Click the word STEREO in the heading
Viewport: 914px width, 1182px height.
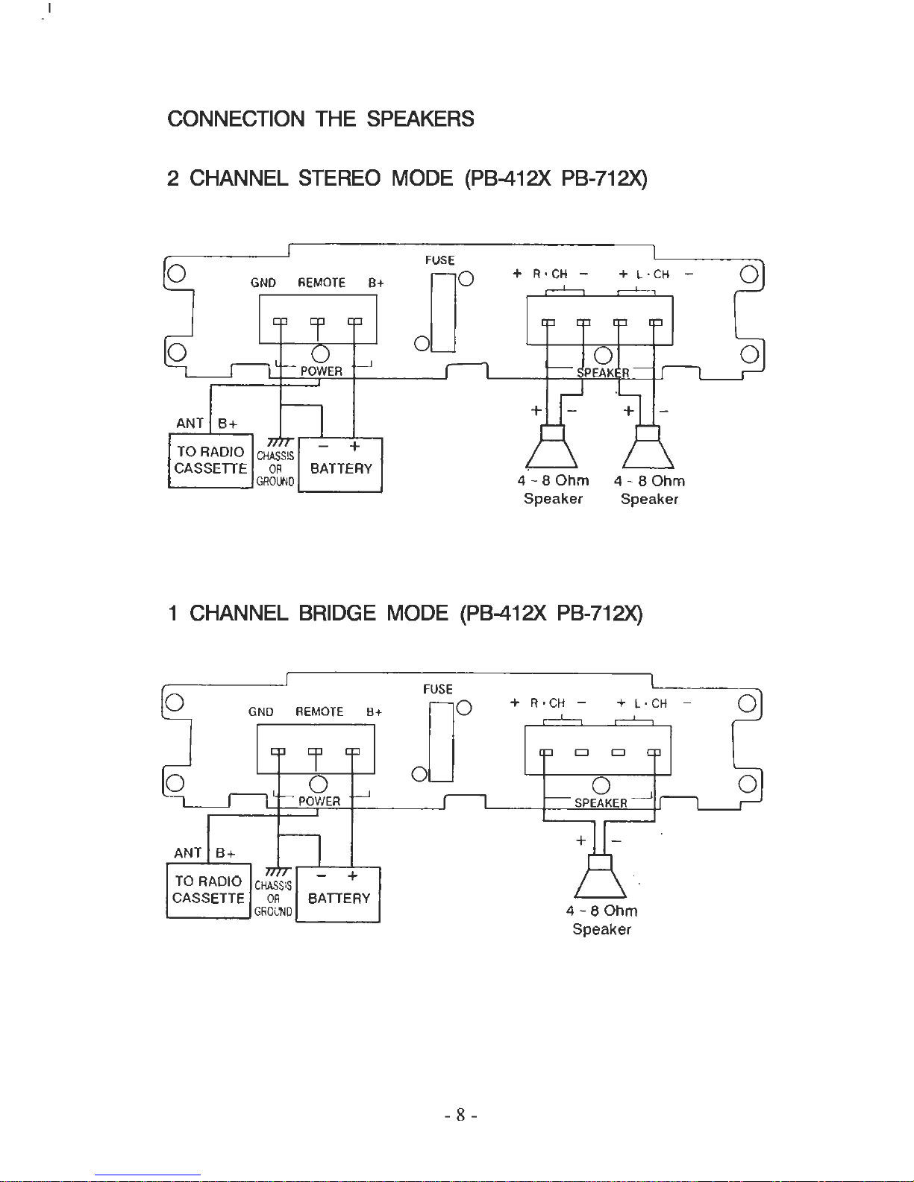pos(339,178)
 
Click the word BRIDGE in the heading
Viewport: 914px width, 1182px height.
pos(337,613)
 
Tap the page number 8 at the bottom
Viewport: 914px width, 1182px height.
pos(460,1115)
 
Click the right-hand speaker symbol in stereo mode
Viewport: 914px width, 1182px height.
pos(648,447)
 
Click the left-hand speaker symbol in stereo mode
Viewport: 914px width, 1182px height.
pos(552,447)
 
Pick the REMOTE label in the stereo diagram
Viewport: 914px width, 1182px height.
pos(322,283)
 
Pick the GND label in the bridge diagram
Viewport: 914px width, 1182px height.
pos(260,712)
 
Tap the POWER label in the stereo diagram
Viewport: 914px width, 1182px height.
pos(322,371)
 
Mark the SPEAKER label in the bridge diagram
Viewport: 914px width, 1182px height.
pos(601,803)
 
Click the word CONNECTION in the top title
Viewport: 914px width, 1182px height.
pos(236,119)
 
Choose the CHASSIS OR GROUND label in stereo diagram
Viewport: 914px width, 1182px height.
pos(275,468)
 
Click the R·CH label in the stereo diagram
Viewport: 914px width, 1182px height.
pos(550,274)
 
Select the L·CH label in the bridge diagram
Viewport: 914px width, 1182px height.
pos(651,703)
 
